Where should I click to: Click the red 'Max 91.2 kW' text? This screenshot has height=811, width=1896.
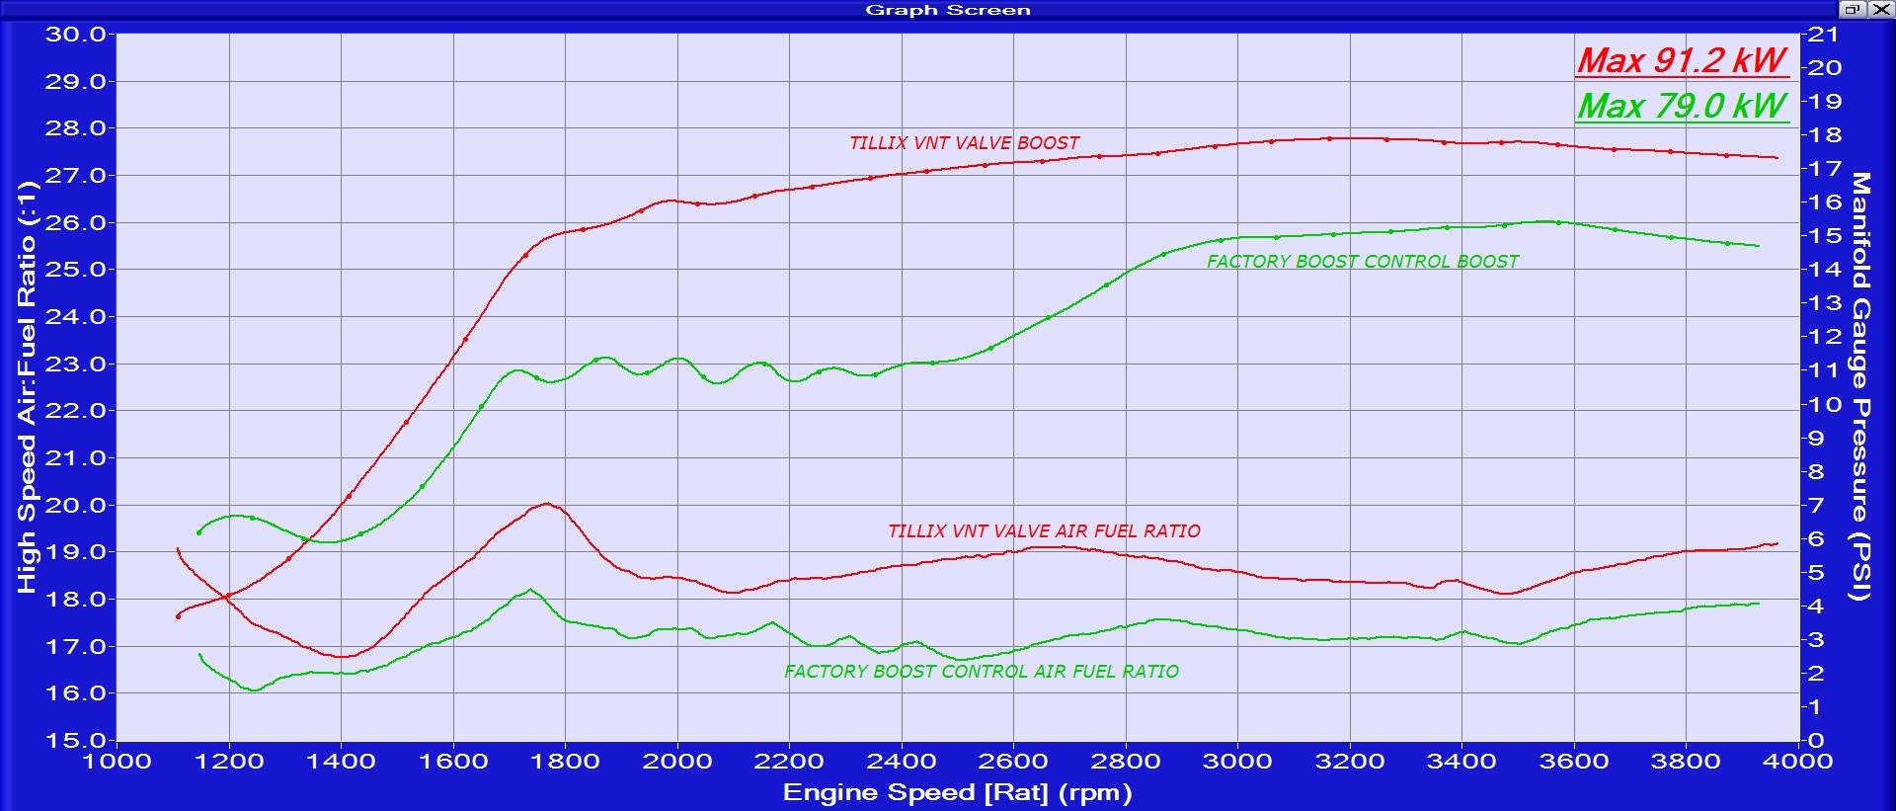tap(1682, 60)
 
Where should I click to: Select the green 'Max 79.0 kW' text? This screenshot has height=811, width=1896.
tap(1682, 106)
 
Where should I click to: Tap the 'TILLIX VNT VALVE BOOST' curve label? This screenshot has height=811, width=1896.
tap(964, 143)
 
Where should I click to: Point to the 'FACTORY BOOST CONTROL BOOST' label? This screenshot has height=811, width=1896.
tap(1362, 262)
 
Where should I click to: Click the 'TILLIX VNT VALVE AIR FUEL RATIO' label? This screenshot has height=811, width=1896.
tap(1044, 531)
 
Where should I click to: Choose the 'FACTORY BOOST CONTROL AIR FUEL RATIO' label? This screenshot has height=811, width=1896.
tap(981, 672)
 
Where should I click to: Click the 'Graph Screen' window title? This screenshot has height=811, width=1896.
tap(947, 10)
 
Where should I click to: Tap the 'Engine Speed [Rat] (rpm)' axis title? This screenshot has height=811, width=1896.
tap(957, 792)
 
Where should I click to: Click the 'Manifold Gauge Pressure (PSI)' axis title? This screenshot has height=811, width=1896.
tap(1860, 385)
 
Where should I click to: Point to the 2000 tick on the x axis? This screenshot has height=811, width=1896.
tap(676, 762)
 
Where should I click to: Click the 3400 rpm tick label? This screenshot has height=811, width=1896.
tap(1461, 762)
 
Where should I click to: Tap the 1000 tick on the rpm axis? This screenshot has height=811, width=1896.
tap(117, 762)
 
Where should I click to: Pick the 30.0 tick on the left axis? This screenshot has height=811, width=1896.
tap(75, 35)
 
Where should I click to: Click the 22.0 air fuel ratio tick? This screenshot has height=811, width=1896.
tap(75, 411)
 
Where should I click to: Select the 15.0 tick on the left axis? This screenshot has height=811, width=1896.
tap(75, 740)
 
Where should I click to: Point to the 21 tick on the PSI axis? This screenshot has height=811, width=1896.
tap(1824, 35)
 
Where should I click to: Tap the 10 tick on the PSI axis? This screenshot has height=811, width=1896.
tap(1824, 404)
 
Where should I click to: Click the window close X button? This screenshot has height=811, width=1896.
tap(1878, 10)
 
